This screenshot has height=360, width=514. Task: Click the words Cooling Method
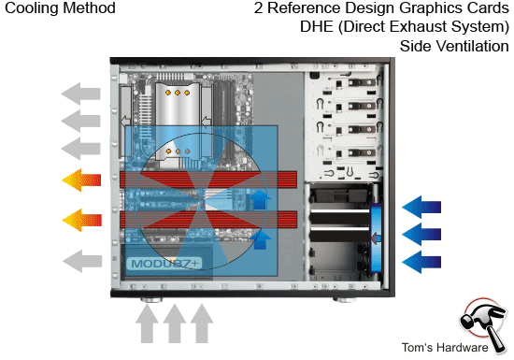(58, 8)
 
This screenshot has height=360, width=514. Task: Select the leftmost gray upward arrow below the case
(148, 326)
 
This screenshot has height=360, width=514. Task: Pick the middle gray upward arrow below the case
(175, 326)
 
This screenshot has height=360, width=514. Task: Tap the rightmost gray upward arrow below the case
(202, 326)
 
